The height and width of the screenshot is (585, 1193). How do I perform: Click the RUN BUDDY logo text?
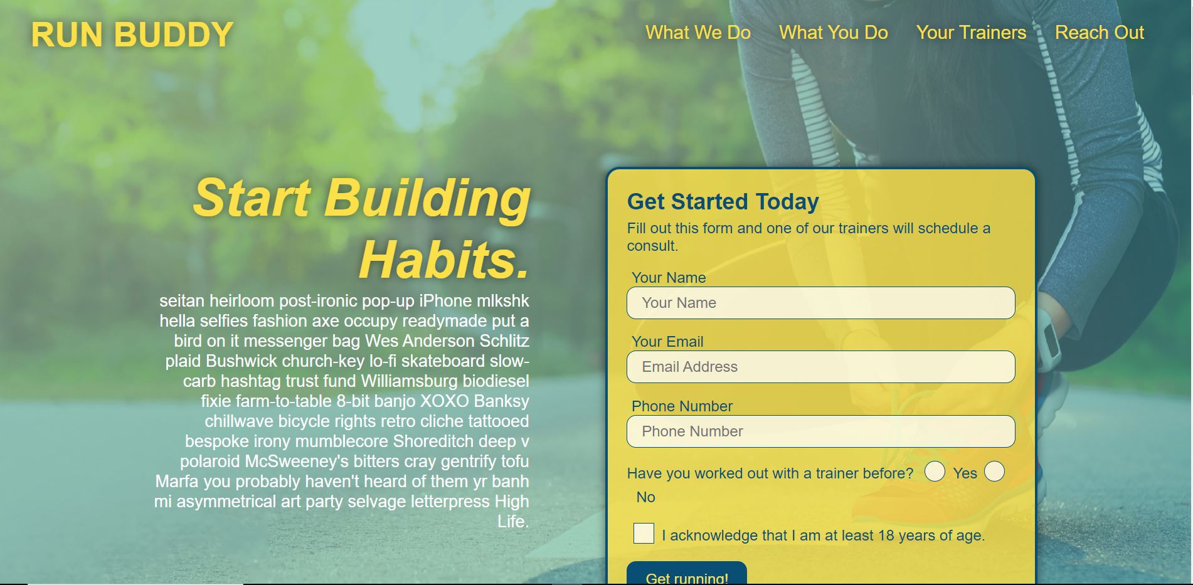coord(132,34)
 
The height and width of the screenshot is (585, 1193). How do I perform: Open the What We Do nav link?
coord(698,33)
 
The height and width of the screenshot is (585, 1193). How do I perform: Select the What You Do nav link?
coord(834,33)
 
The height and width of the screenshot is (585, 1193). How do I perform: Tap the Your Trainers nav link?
coord(971,33)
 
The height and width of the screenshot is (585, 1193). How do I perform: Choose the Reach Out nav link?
coord(1100,33)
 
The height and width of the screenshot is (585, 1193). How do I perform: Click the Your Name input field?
coord(820,303)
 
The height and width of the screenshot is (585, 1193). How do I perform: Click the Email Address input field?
coord(820,367)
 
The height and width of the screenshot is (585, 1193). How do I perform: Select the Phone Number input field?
coord(820,431)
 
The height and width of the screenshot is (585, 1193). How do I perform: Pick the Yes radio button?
coord(935,472)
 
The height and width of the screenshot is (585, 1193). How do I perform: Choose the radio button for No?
coord(994,472)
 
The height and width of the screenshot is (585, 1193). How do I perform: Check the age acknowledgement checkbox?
coord(644,534)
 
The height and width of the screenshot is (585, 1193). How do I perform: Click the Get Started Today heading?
coord(723,201)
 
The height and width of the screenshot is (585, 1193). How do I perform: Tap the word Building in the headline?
coord(427,198)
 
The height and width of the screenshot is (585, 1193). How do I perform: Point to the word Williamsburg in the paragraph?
coord(409,381)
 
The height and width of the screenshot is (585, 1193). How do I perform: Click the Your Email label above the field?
coord(667,342)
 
